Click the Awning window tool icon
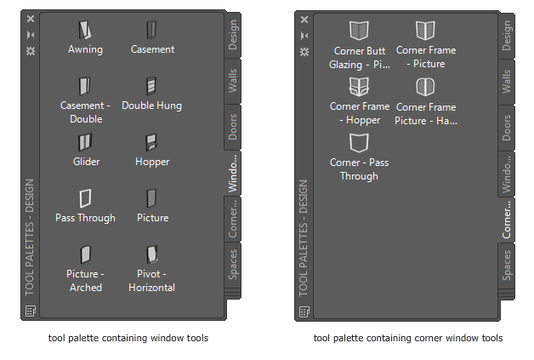85,31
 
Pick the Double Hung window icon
151,86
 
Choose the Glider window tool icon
85,142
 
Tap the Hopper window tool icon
151,142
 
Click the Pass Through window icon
85,198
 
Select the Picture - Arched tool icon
85,254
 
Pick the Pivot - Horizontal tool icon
151,254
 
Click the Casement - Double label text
85,112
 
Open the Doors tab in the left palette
234,128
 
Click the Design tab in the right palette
508,37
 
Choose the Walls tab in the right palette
508,82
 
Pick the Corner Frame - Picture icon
425,31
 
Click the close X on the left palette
31,18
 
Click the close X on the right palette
304,18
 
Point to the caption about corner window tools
407,339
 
